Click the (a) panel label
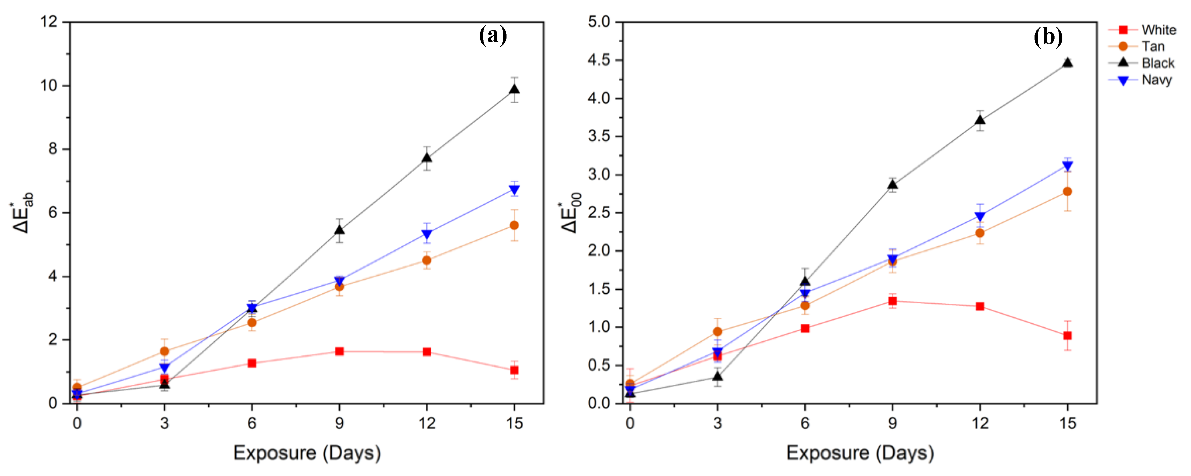[x=493, y=36]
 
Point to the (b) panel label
[x=1048, y=37]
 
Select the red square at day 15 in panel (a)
[x=514, y=370]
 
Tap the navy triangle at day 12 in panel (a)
[x=427, y=234]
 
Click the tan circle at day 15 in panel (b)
[x=1068, y=191]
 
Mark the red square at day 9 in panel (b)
[x=893, y=301]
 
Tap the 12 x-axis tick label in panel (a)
[x=427, y=423]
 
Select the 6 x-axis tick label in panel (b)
[x=805, y=423]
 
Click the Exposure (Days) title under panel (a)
[x=307, y=453]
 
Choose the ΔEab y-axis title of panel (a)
[x=22, y=213]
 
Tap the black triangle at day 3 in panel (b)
[x=717, y=377]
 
